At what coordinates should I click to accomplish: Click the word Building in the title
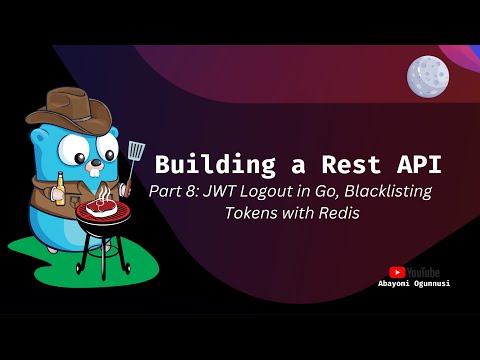point(204,164)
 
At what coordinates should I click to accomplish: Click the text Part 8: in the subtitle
point(173,192)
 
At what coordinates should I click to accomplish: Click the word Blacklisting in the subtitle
point(385,192)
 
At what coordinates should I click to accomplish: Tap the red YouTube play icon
point(397,271)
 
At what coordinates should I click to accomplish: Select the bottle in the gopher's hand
point(58,187)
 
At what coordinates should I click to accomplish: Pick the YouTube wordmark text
point(422,271)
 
